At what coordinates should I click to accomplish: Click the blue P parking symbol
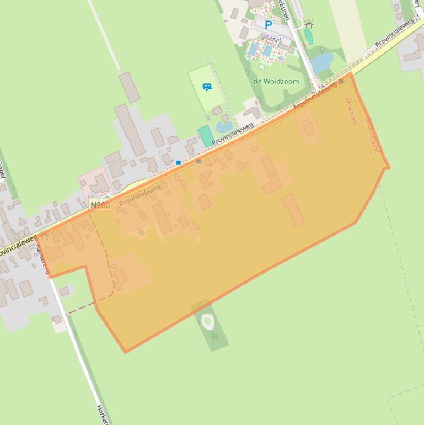269,25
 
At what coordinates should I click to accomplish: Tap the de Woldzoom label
276,82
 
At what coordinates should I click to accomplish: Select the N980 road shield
100,205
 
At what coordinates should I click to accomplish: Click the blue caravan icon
207,87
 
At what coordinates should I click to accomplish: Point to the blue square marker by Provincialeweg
179,163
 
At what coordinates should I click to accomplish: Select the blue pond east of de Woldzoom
322,63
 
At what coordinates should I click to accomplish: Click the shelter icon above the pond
309,25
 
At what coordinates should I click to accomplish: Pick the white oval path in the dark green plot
208,321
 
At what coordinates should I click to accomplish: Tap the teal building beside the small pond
206,136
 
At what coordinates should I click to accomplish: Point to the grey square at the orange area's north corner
341,82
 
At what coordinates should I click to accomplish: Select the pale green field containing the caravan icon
205,88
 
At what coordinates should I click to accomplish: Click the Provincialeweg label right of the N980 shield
139,195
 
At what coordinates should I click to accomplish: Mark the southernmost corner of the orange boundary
126,352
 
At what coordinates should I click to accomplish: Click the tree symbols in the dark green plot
214,336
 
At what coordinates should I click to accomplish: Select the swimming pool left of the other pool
253,50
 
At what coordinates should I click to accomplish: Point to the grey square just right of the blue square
198,161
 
